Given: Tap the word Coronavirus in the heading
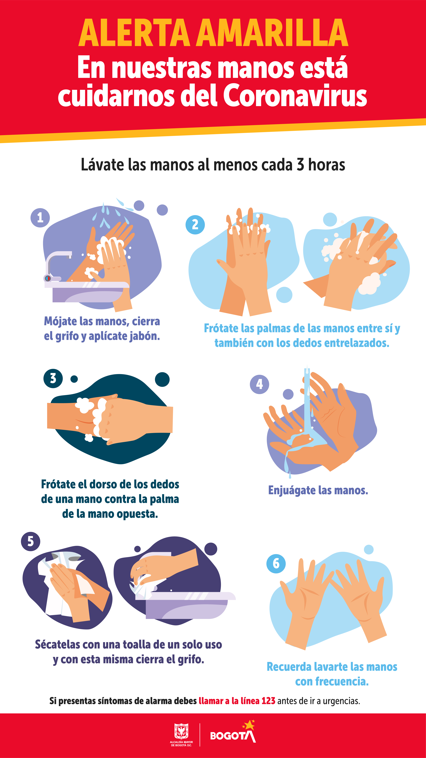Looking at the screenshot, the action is pos(295,95).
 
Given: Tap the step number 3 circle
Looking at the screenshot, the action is pos(53,378).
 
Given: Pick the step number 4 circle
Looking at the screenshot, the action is pos(259,384).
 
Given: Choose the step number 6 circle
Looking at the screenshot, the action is pos(276,564).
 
